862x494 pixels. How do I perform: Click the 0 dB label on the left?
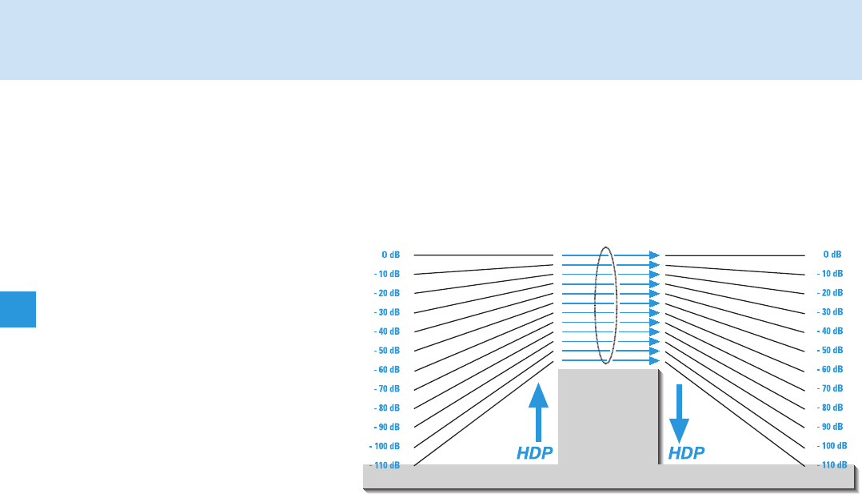pos(390,255)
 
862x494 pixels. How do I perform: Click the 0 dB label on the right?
pos(832,255)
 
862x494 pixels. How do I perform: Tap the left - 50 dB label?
pos(387,351)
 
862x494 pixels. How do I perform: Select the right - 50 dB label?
pos(830,351)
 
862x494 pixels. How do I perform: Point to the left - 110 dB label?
pos(385,465)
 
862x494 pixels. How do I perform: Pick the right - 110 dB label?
pos(832,465)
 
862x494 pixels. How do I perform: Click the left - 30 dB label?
pos(387,312)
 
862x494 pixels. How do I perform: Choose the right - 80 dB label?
pos(830,408)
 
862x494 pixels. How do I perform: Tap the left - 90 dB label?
pos(387,427)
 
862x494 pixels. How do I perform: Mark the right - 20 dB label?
pos(830,293)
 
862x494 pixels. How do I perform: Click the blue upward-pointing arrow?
pos(539,412)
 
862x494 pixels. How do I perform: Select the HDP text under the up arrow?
pos(535,453)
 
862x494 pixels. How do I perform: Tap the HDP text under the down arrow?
pos(686,453)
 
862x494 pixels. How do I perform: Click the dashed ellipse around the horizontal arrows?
pos(597,304)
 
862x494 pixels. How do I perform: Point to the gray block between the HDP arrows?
pos(608,416)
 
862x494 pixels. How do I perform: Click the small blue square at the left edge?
pos(18,309)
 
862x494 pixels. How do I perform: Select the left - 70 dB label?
pos(387,389)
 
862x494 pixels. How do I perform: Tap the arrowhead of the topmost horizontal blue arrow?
pos(654,255)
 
